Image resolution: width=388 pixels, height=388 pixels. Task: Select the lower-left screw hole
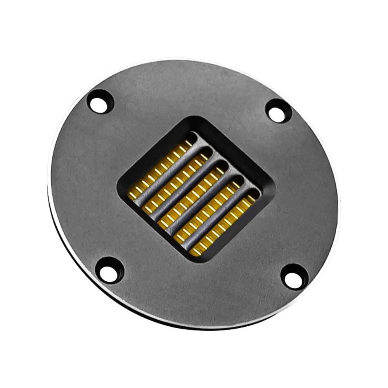(x=109, y=269)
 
